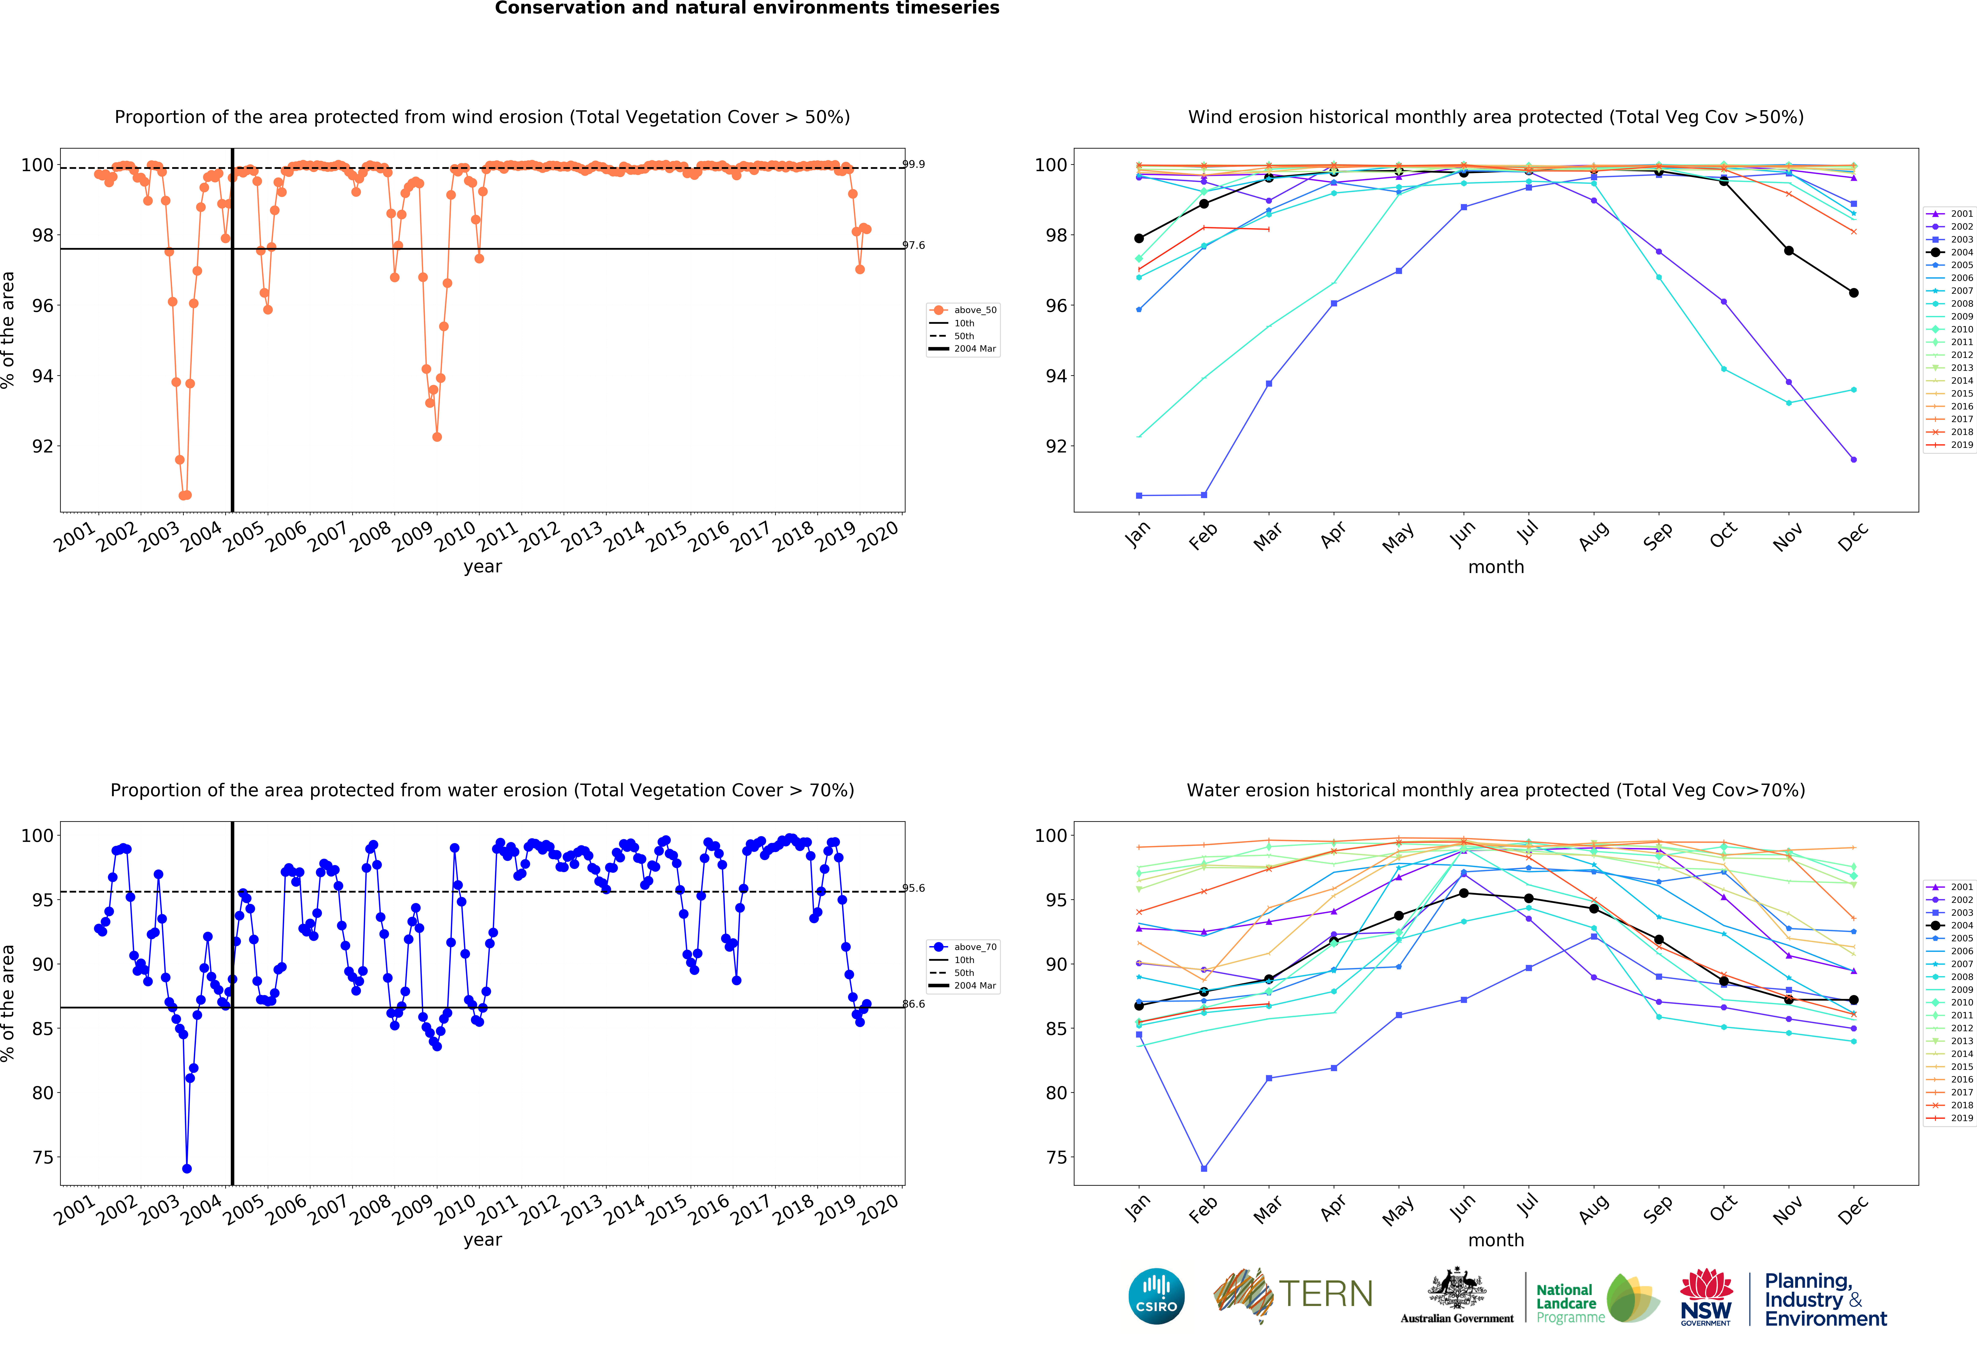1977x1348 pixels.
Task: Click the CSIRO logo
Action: tap(1156, 1296)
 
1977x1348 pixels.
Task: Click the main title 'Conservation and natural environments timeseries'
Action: tap(747, 8)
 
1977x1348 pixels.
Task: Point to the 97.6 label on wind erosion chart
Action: tap(914, 245)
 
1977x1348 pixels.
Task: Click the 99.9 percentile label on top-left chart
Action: tap(914, 164)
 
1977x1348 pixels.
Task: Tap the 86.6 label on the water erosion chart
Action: tap(914, 1004)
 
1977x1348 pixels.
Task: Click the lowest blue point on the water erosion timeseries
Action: tap(186, 1168)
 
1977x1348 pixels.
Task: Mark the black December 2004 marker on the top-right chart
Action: tap(1854, 293)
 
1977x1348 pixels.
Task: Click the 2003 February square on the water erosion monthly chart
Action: tap(1204, 1168)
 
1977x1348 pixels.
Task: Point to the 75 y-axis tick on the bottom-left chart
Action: tap(43, 1157)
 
